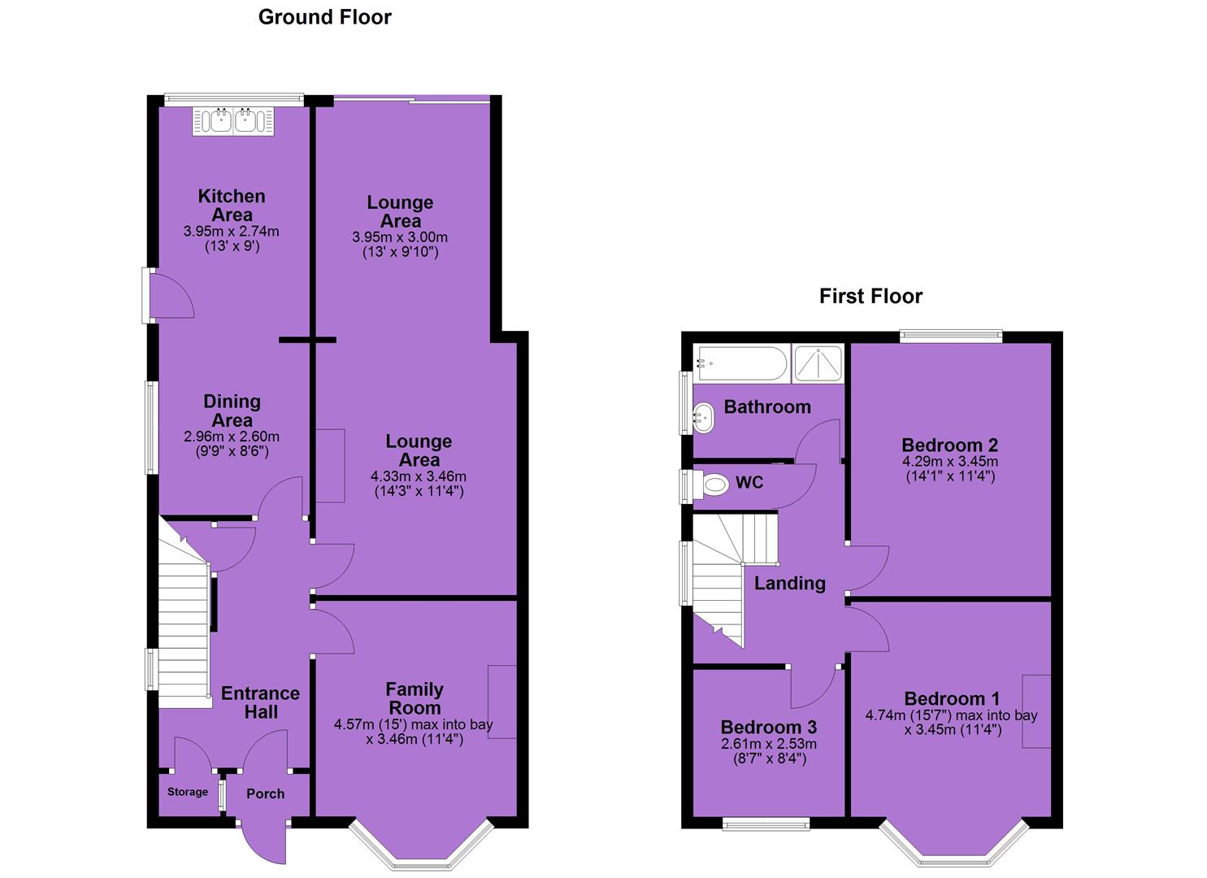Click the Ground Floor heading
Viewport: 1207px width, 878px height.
pyautogui.click(x=324, y=17)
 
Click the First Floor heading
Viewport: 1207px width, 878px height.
pyautogui.click(x=871, y=297)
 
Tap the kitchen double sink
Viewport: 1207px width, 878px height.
pyautogui.click(x=232, y=121)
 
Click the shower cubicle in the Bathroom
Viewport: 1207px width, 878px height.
pyautogui.click(x=818, y=363)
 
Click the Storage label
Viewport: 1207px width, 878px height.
pyautogui.click(x=187, y=792)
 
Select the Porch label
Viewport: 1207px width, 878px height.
pyautogui.click(x=265, y=793)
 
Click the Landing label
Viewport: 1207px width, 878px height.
pyautogui.click(x=789, y=583)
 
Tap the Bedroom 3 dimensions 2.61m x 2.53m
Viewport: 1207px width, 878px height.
pyautogui.click(x=769, y=745)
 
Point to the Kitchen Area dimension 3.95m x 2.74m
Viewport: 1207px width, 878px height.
pyautogui.click(x=231, y=232)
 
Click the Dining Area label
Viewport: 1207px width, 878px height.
pyautogui.click(x=232, y=411)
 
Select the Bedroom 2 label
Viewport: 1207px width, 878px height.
pyautogui.click(x=949, y=446)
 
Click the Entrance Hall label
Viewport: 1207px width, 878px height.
pyautogui.click(x=260, y=702)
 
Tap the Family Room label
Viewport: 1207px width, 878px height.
pyautogui.click(x=415, y=698)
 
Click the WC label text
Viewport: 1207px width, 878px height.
pyautogui.click(x=749, y=482)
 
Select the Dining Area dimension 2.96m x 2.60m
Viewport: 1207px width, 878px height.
pyautogui.click(x=231, y=437)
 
